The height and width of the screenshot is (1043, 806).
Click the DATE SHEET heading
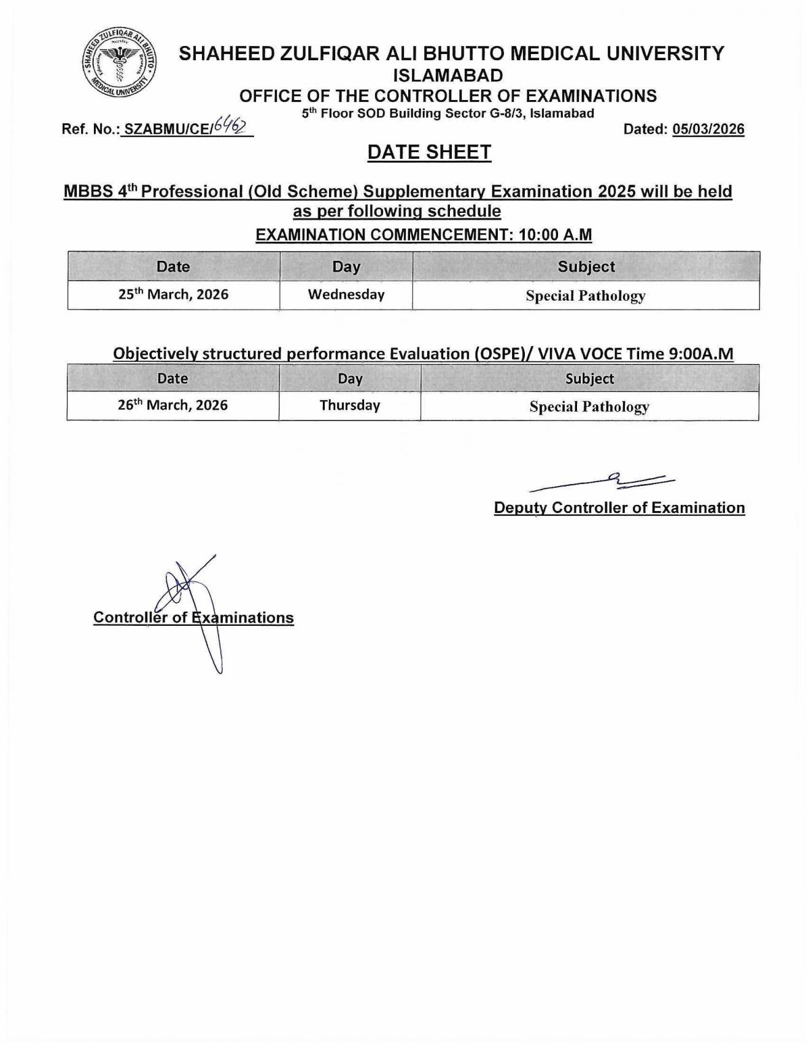429,152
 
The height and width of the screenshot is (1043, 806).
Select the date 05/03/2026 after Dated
708,129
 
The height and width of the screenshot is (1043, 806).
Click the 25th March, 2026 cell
173,294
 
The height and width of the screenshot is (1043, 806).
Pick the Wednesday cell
346,294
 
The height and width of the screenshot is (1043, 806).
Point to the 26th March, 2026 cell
172,406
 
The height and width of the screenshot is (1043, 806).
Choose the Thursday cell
349,406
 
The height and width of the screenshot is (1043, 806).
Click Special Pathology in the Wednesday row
585,296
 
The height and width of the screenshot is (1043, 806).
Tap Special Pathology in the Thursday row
589,407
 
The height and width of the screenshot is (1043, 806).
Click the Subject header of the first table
586,267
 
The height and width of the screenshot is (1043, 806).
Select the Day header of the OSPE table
349,379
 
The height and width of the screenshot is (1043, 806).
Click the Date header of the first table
173,267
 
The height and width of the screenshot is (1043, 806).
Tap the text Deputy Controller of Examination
619,508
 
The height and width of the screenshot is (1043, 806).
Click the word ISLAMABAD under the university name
448,75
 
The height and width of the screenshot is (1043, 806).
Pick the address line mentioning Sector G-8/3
448,114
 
